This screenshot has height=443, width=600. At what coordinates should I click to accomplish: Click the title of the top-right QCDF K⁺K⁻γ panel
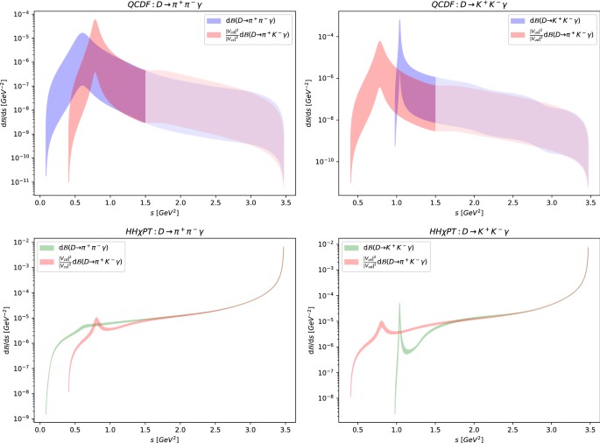point(464,5)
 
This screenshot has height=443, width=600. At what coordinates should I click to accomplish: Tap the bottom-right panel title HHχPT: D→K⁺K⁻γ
point(464,230)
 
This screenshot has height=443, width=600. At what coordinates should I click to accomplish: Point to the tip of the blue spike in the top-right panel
point(399,19)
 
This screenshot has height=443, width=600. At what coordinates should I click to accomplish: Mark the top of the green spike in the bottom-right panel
point(399,304)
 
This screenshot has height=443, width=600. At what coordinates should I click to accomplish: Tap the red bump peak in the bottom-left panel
point(96,319)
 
